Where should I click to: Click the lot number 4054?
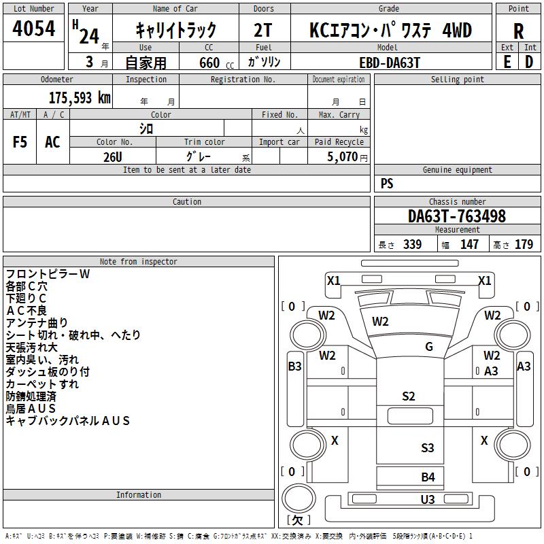[x=33, y=29]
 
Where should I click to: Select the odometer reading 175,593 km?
[x=80, y=98]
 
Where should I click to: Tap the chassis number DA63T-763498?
[x=457, y=216]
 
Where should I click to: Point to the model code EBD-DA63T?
[x=390, y=63]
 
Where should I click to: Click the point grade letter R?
[x=518, y=31]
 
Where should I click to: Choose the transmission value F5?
[x=20, y=142]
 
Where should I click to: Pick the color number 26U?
[x=113, y=157]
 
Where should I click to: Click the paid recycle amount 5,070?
[x=342, y=156]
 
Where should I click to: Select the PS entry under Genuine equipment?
[x=387, y=183]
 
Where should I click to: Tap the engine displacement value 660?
[x=209, y=63]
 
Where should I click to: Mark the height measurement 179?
[x=524, y=244]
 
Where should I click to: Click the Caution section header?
[x=186, y=201]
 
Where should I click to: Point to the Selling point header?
[x=457, y=80]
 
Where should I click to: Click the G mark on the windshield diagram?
[x=429, y=346]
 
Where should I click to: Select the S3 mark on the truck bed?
[x=428, y=447]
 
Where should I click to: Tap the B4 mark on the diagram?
[x=428, y=477]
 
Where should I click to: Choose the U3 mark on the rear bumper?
[x=428, y=499]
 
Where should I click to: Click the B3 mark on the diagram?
[x=295, y=366]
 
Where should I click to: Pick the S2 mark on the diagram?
[x=409, y=396]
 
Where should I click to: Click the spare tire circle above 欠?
[x=298, y=498]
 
